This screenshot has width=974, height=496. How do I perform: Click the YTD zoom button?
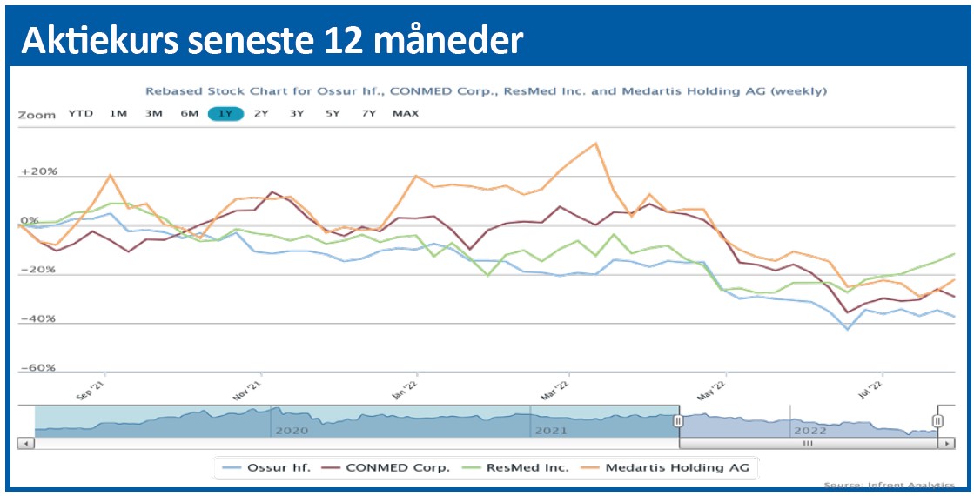82,114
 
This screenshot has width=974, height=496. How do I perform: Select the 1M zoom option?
118,114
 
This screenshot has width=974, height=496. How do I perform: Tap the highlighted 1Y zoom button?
225,114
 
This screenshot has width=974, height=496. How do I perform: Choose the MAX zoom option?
406,114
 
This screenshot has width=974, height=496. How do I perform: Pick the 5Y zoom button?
333,114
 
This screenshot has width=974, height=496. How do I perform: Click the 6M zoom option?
190,114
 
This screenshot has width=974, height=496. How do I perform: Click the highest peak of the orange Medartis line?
594,144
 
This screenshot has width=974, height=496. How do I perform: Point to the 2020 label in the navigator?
291,430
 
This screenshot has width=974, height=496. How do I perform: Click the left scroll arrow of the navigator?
25,443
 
